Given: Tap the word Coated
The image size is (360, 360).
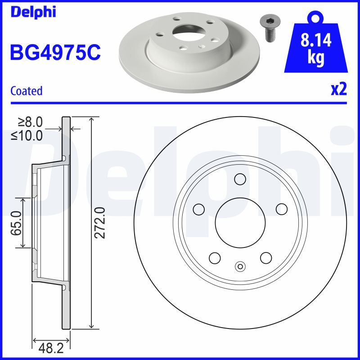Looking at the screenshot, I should point(26,91).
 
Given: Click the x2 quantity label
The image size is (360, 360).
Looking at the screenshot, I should point(338,90).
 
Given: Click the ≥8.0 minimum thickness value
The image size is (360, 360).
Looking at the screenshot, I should point(30,121).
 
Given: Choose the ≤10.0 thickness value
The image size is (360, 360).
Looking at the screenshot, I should point(27,135).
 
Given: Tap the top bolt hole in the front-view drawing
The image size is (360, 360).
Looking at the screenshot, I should point(240,179).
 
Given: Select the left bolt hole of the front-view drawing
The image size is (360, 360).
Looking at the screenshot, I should point(198,209).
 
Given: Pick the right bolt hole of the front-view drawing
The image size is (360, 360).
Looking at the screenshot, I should point(281,209).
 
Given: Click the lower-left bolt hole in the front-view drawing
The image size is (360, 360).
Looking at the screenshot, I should point(214,258).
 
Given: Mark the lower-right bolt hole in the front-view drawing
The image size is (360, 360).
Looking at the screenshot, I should point(265,258).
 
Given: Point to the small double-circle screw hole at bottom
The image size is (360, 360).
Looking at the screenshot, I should point(240,266).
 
